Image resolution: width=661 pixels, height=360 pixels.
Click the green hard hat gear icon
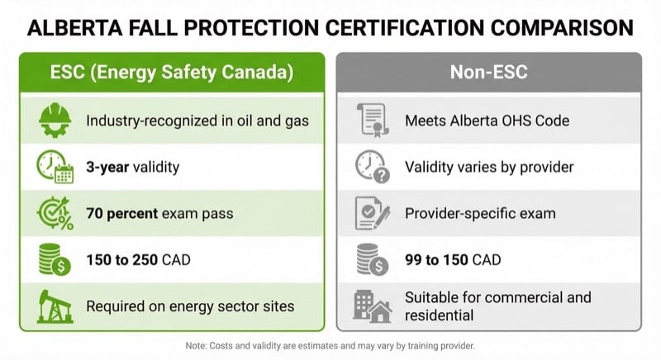coord(55,121)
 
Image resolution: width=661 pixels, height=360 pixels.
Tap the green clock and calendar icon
coord(55,167)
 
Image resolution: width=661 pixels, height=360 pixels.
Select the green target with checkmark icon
coord(55,213)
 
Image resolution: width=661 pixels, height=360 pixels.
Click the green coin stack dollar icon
coord(55,259)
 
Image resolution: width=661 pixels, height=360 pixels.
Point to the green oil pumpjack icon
coord(55,306)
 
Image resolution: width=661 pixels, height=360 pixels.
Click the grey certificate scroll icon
coord(371,121)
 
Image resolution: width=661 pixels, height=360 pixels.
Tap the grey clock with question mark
coord(371,167)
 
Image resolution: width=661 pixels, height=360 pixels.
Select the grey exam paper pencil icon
coord(371,213)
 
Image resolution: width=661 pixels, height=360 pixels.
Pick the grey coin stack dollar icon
coord(371,259)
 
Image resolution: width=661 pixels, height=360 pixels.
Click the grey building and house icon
coord(371,306)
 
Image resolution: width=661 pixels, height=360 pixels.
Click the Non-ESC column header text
coord(488,72)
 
